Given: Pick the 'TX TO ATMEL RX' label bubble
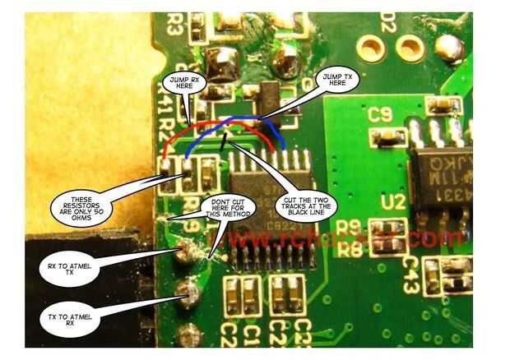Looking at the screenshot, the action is (x=72, y=318).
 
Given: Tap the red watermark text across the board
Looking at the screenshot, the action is (x=345, y=239).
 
